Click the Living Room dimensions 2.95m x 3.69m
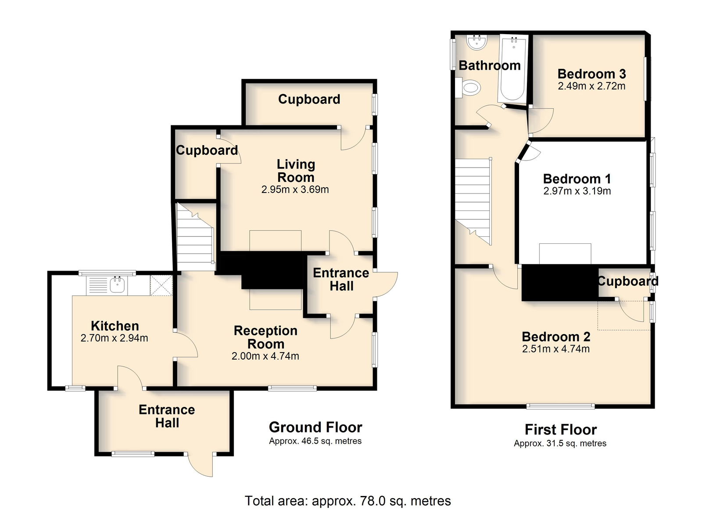(x=295, y=189)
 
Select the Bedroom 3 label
(x=592, y=74)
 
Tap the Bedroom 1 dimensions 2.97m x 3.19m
(x=577, y=191)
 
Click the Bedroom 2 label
(x=556, y=337)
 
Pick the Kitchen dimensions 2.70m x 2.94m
(x=115, y=338)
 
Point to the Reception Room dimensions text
(x=265, y=356)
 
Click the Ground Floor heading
(x=315, y=427)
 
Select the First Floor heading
(x=561, y=429)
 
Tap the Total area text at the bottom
(x=347, y=501)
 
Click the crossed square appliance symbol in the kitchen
(x=161, y=285)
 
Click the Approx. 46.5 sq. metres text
(x=315, y=441)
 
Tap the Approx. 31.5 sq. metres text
(x=560, y=443)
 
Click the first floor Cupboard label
(x=628, y=281)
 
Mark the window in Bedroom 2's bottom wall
(x=560, y=407)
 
